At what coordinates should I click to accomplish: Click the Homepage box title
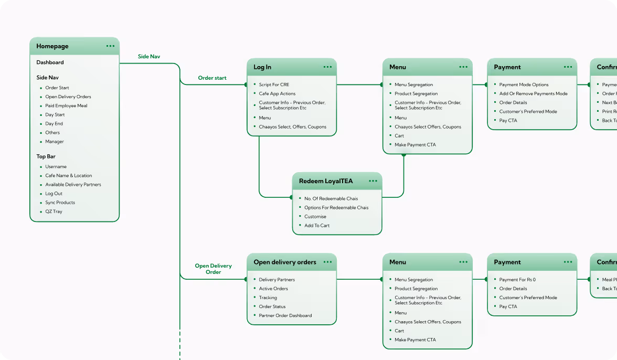[x=52, y=46]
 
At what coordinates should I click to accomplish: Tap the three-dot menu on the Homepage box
[x=110, y=46]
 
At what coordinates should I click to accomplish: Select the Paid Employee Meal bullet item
[x=66, y=105]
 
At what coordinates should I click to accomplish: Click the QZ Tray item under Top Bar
[x=54, y=211]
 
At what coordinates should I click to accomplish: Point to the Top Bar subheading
[x=46, y=156]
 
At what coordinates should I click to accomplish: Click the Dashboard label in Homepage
[x=50, y=62]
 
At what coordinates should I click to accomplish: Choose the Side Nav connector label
[x=149, y=56]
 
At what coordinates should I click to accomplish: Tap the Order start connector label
[x=212, y=78]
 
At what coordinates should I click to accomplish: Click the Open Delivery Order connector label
[x=213, y=269]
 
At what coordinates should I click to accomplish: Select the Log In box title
[x=262, y=67]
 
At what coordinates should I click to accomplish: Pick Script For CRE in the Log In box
[x=274, y=84]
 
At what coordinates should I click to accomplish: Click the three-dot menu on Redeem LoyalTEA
[x=373, y=181]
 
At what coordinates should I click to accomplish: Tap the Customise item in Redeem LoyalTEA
[x=315, y=217]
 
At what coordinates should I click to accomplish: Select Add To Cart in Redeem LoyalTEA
[x=317, y=226]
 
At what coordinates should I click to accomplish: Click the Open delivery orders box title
[x=285, y=262]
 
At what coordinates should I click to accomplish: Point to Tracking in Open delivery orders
[x=268, y=298]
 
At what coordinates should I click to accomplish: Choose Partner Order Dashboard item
[x=285, y=315]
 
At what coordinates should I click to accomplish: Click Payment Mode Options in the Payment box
[x=524, y=84]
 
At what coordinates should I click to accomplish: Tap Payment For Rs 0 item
[x=517, y=280]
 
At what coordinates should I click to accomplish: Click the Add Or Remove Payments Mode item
[x=533, y=93]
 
